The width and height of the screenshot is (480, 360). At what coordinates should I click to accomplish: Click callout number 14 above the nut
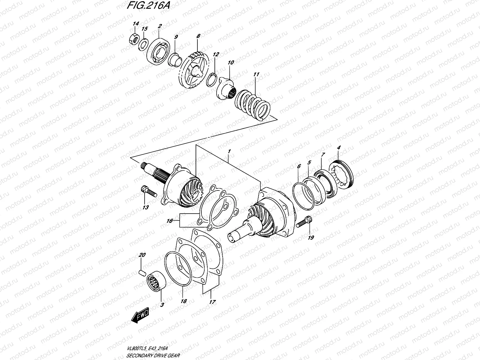coord(136,23)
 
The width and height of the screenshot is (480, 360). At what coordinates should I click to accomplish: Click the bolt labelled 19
coord(304,222)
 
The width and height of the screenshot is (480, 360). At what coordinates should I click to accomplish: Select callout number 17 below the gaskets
coord(212,302)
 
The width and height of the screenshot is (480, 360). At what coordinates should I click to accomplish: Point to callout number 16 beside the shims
coord(170,221)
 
